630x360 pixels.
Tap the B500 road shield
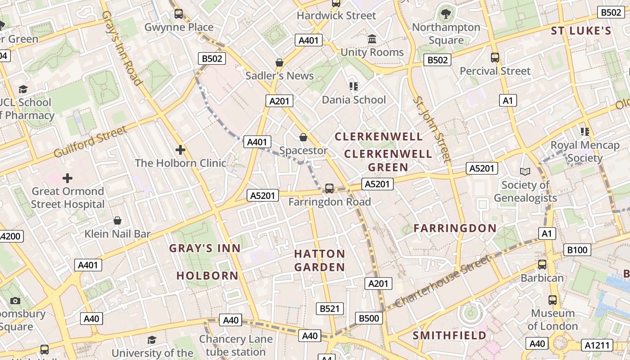[x=369, y=319]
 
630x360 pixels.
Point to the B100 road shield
[x=577, y=250]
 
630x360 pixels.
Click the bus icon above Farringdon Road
[x=329, y=188]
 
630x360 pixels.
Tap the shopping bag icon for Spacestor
[x=303, y=137]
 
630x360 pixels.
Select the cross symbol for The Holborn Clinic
[x=180, y=149]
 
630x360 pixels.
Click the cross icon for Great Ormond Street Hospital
[x=67, y=178]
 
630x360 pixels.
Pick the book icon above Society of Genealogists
[x=525, y=171]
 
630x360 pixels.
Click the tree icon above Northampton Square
[x=446, y=14]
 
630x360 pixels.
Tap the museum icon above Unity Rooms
[x=372, y=39]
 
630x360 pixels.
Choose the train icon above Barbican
[x=542, y=265]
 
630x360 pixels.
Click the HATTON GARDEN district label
[x=319, y=261]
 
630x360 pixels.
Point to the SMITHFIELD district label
[x=450, y=336]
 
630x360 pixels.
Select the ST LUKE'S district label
[x=581, y=31]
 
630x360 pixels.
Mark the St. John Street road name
[x=432, y=129]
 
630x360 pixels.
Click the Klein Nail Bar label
[x=117, y=234]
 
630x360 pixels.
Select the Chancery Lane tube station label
[x=236, y=345]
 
